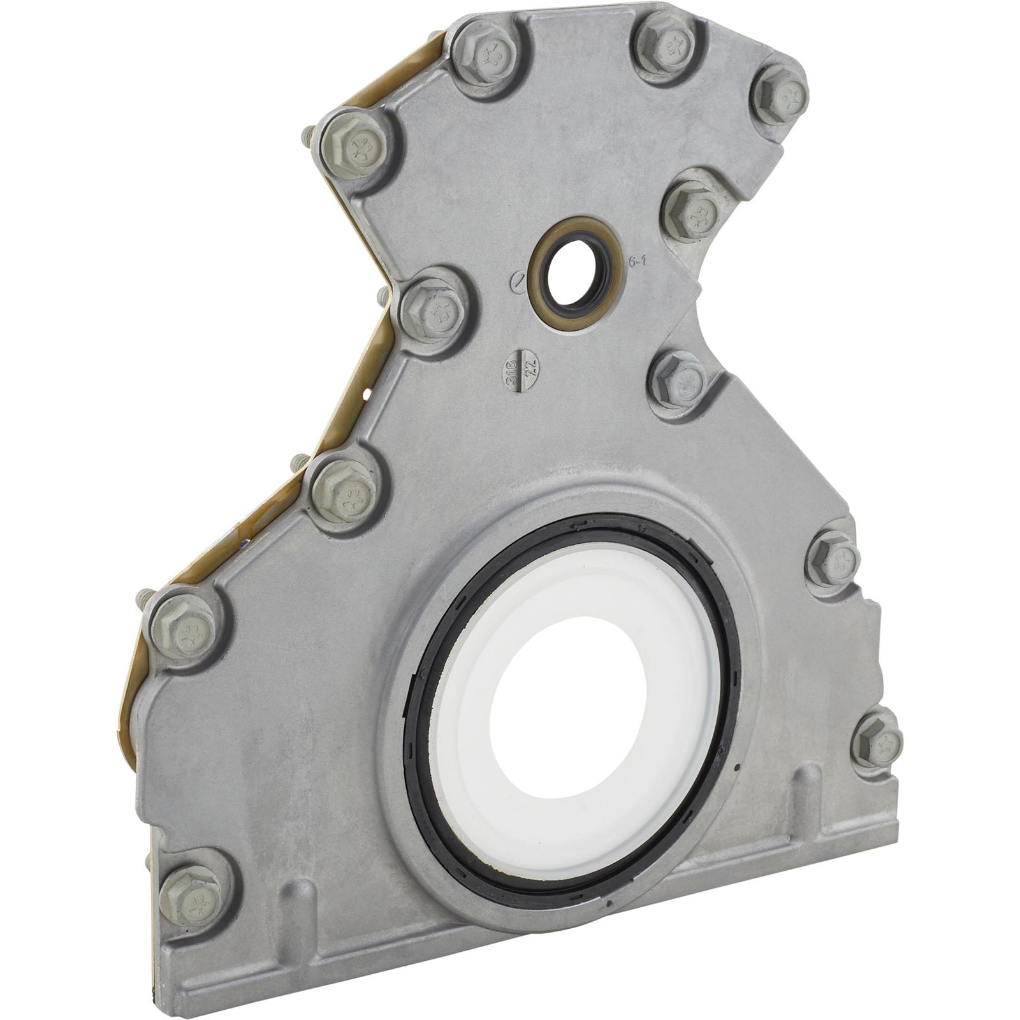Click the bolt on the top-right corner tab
click(779, 94)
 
